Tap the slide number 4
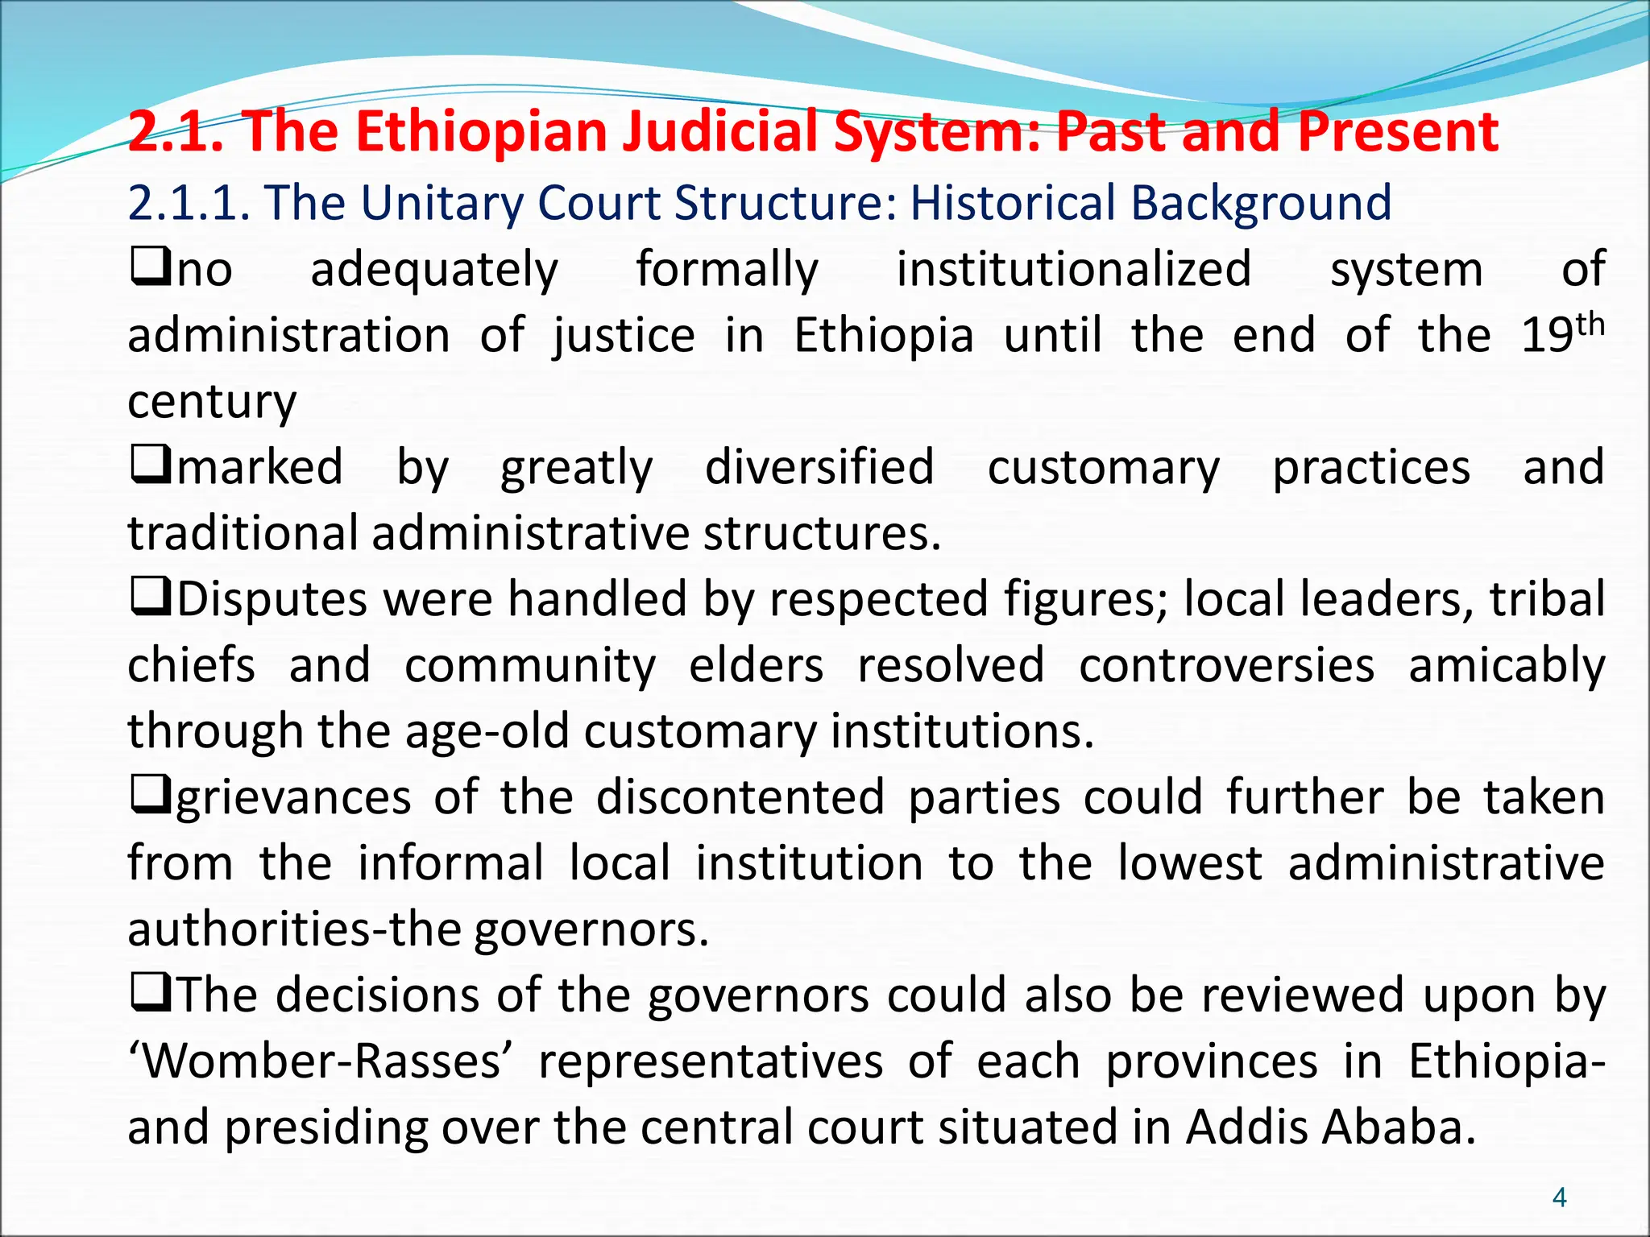pos(1559,1198)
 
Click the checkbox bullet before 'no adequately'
pos(150,267)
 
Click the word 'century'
pos(212,401)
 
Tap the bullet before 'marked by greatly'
pos(150,465)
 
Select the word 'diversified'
pos(819,467)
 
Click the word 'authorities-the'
pos(294,930)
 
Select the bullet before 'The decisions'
pos(150,994)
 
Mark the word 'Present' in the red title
pos(1399,131)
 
